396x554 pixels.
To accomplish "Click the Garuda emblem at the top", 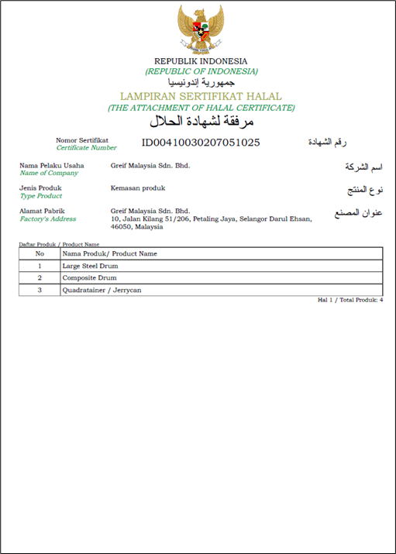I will (201, 28).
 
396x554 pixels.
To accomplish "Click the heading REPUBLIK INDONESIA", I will (201, 61).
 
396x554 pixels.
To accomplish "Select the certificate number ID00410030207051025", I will (201, 143).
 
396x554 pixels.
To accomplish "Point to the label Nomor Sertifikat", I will (82, 139).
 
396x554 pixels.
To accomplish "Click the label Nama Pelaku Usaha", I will (51, 165).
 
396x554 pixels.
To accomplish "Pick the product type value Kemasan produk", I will (138, 188).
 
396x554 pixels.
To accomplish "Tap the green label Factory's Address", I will (47, 219).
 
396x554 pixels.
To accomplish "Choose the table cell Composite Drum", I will (90, 277).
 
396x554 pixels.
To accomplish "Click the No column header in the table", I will (40, 253).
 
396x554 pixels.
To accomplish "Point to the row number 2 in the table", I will (40, 277).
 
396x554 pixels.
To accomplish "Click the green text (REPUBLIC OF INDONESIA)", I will (201, 71).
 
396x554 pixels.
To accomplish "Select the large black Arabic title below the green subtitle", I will (201, 122).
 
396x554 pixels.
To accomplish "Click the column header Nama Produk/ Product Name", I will (109, 253).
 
